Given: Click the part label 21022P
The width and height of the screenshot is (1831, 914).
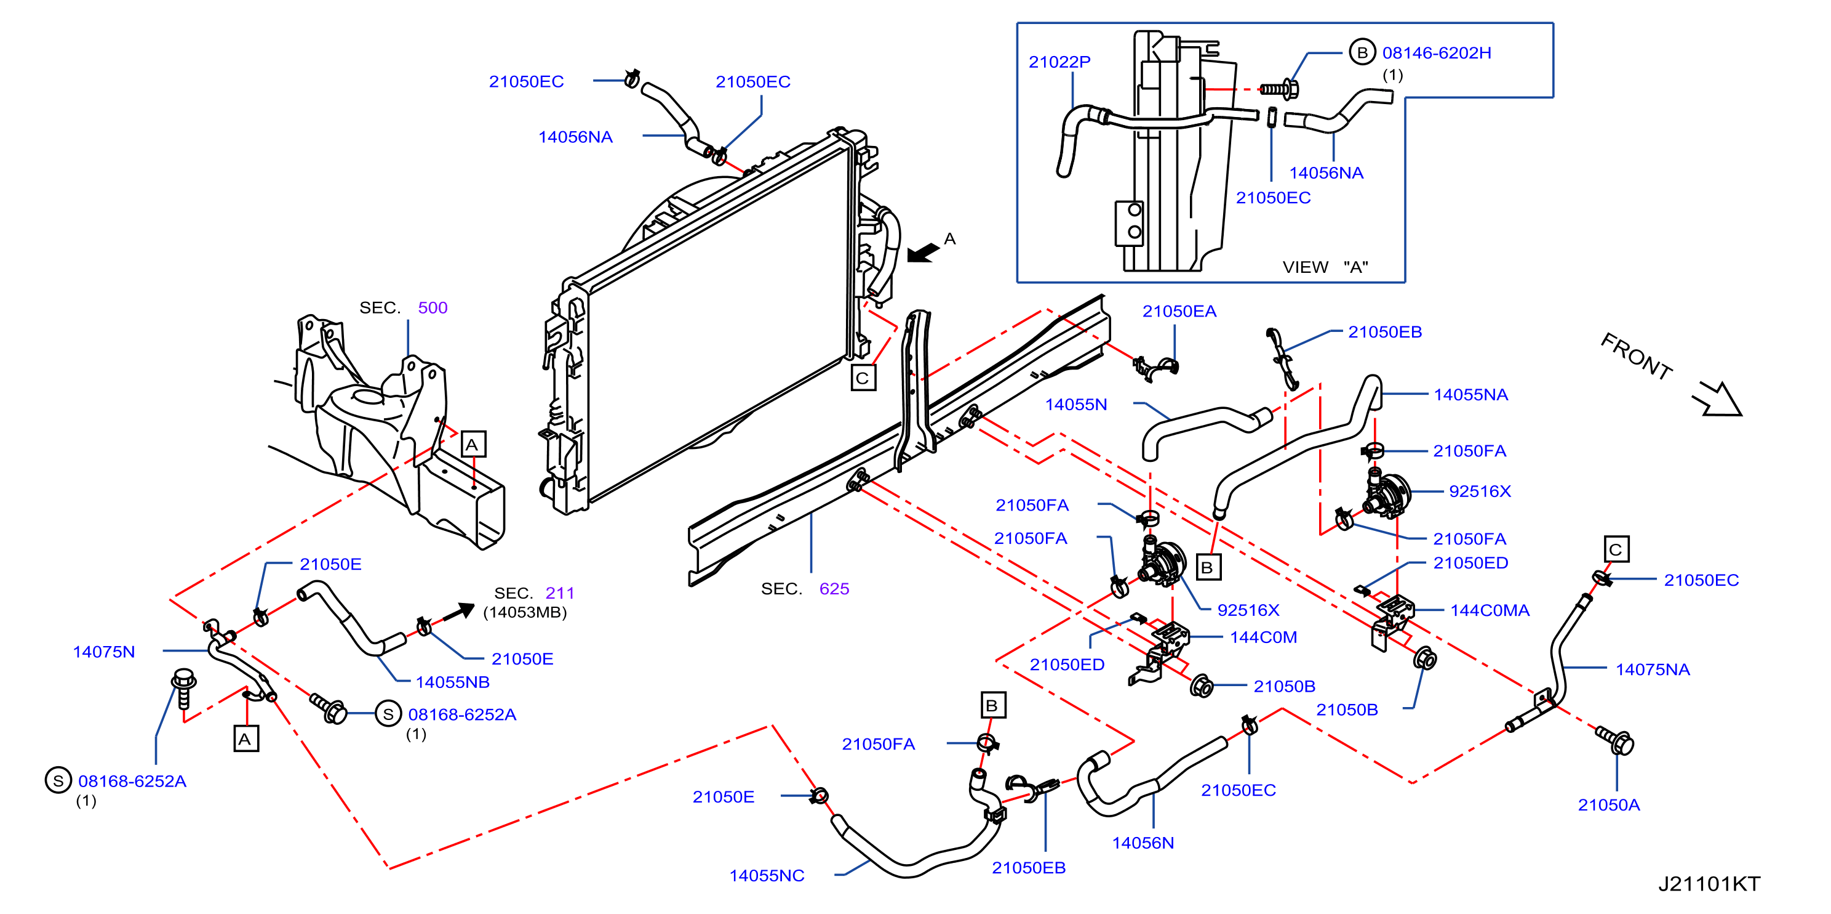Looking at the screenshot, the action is (1059, 62).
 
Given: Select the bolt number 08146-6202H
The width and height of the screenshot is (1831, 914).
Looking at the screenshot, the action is (1437, 52).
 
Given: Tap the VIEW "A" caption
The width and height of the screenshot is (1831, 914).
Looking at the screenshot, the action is (1325, 267).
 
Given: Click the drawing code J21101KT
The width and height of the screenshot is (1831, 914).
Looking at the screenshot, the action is (1709, 883).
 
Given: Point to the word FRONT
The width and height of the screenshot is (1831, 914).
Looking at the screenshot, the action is (1636, 357).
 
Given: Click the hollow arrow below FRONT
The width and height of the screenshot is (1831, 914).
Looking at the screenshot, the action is (1718, 398).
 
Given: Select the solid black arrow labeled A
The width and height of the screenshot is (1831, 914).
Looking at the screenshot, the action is (923, 253).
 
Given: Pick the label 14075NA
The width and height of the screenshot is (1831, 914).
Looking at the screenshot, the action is (1653, 669).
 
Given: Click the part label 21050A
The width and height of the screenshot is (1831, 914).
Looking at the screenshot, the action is (1608, 804).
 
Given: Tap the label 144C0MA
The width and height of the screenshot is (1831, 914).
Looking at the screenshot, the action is (1490, 610).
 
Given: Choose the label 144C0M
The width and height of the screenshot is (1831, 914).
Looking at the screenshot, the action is (1263, 637).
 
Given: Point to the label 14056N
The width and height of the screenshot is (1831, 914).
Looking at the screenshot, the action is (1143, 843).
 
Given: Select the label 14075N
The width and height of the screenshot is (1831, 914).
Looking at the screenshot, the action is (104, 652).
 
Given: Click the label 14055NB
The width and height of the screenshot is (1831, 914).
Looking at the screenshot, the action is (453, 682).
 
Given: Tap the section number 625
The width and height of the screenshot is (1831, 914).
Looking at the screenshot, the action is (834, 588).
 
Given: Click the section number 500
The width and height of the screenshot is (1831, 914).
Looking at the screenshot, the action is (432, 307).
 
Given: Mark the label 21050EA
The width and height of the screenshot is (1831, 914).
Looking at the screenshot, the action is (1179, 311).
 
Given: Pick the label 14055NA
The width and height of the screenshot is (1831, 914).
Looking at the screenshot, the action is (1470, 395).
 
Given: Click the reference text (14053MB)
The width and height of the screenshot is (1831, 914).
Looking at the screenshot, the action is (525, 612).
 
